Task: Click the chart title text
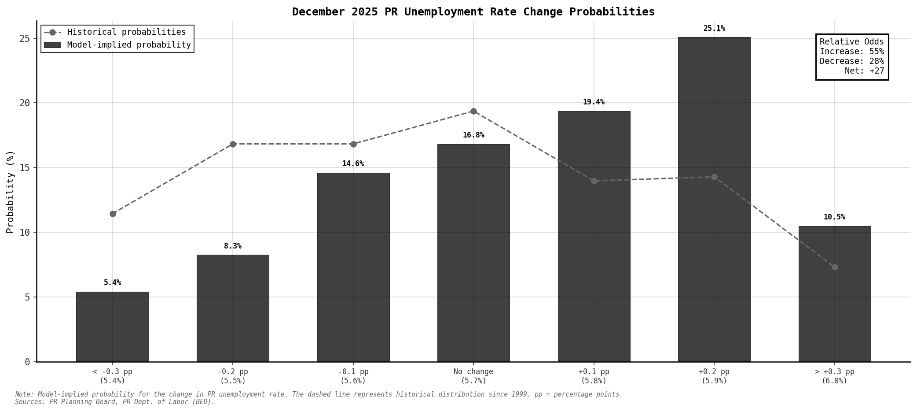tap(473, 12)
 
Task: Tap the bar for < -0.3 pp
tap(112, 327)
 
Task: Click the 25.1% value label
tap(714, 29)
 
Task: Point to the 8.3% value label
tap(232, 246)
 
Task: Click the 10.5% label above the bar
tap(834, 217)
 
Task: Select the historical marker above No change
tap(473, 111)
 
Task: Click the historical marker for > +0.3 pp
tap(834, 267)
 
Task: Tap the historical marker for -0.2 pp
tap(233, 144)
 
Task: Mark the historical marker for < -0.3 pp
tap(113, 214)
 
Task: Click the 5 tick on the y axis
tap(27, 297)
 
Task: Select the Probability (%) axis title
tap(10, 191)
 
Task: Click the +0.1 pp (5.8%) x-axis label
tap(594, 376)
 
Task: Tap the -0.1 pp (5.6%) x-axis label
tap(353, 376)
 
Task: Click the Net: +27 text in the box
tap(864, 71)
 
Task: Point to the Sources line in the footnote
tap(114, 402)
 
